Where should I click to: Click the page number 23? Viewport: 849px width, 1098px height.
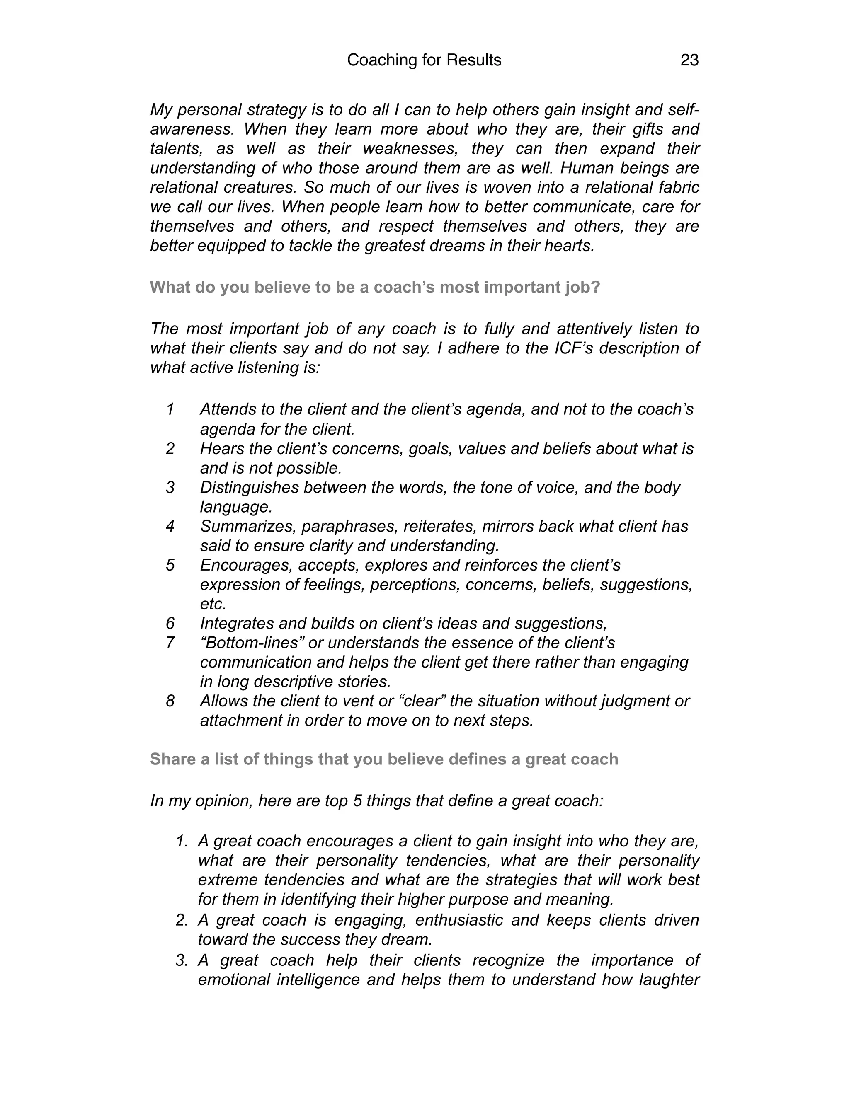(x=689, y=60)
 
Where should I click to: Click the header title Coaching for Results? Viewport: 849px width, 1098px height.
(x=424, y=60)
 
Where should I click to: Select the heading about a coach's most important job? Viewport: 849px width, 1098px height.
(x=375, y=287)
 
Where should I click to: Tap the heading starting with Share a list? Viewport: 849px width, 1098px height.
(x=384, y=759)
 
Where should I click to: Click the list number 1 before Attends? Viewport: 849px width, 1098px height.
(x=170, y=409)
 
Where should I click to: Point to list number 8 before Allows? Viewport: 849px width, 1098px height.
(x=170, y=701)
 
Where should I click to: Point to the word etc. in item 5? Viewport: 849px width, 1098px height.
(x=213, y=604)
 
